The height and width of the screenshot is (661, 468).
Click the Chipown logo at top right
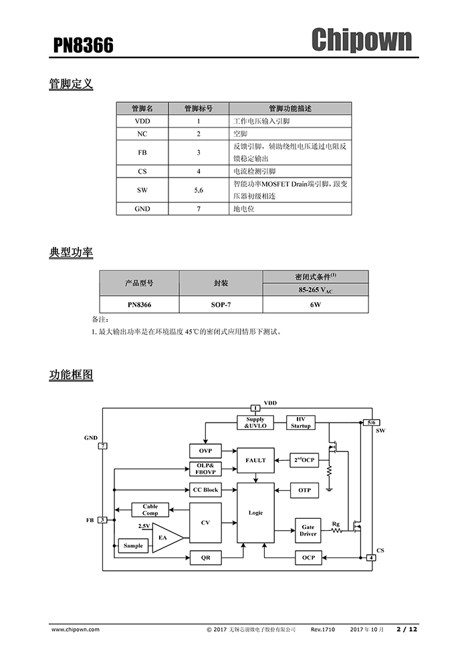coord(362,39)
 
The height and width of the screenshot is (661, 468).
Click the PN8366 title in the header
coord(84,45)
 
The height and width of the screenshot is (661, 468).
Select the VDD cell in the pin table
coord(142,122)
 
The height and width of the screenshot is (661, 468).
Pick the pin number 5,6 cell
coord(199,190)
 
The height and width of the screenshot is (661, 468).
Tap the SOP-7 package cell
coord(221,304)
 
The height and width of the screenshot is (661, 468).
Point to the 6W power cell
coord(315,304)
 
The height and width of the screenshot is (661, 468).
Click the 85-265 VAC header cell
coord(315,290)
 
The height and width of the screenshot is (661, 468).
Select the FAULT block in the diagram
coord(255,460)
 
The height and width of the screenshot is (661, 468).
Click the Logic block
coord(255,513)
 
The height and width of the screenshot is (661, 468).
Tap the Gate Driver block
coord(308,530)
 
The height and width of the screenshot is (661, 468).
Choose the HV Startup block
coord(301,423)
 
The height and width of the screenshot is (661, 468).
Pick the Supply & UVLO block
coord(255,423)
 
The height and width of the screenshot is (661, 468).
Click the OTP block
coord(304,490)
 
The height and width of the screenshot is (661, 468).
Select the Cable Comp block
coord(150,509)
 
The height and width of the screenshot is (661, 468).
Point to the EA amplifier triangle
coord(165,537)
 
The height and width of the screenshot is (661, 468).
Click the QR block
coord(205,556)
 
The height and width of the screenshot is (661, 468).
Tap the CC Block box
coord(205,490)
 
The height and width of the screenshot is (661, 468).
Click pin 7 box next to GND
coord(103,445)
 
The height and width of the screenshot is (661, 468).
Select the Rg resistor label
coord(336,525)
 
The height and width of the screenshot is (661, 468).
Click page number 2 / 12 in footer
coord(406,629)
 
